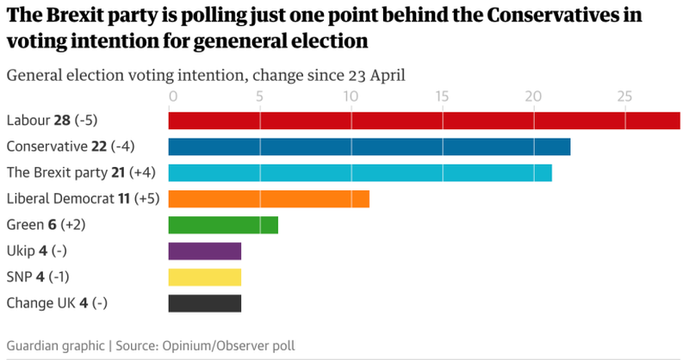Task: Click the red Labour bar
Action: click(424, 121)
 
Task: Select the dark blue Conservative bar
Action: click(369, 146)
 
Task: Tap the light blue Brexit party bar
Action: click(360, 172)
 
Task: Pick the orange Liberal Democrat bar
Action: click(269, 199)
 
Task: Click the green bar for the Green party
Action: click(223, 225)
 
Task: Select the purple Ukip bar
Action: click(205, 251)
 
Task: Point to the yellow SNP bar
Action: click(205, 277)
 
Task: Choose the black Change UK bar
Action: click(205, 303)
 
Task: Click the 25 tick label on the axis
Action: click(624, 95)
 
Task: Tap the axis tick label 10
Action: click(351, 95)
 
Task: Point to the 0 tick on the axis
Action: click(173, 95)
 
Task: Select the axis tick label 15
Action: click(443, 95)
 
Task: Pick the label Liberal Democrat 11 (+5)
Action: click(80, 199)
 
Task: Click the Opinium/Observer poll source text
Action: click(226, 345)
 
